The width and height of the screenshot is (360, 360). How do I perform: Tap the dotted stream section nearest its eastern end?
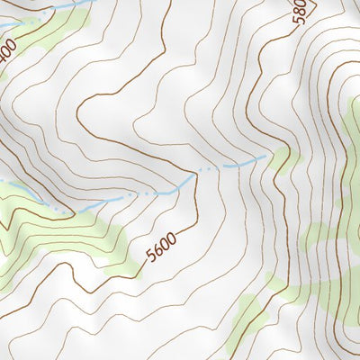point(209,168)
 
